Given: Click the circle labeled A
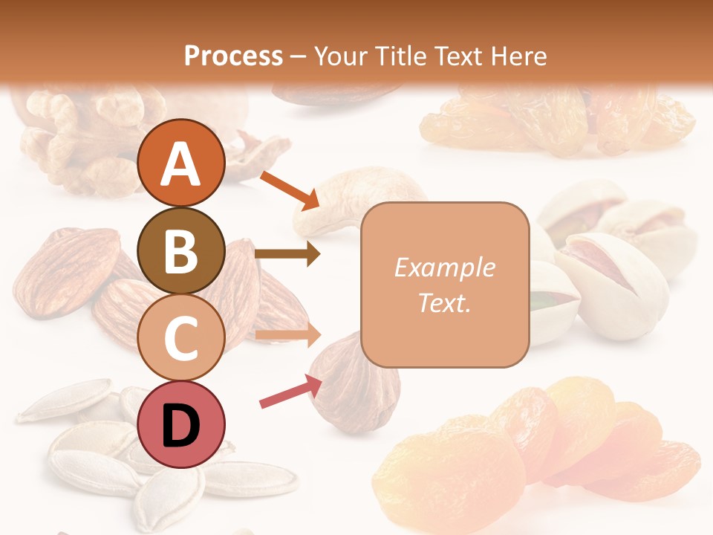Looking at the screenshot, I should click(x=181, y=163).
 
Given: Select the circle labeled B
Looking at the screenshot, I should click(x=181, y=250).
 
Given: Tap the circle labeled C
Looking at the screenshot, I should click(x=181, y=337).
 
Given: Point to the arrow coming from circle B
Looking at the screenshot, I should click(x=287, y=254).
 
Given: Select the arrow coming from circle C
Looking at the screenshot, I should click(x=288, y=335).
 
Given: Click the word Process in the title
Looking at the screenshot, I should click(x=233, y=56).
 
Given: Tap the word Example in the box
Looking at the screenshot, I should click(x=444, y=267).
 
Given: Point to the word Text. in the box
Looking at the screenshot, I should click(x=444, y=302).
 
